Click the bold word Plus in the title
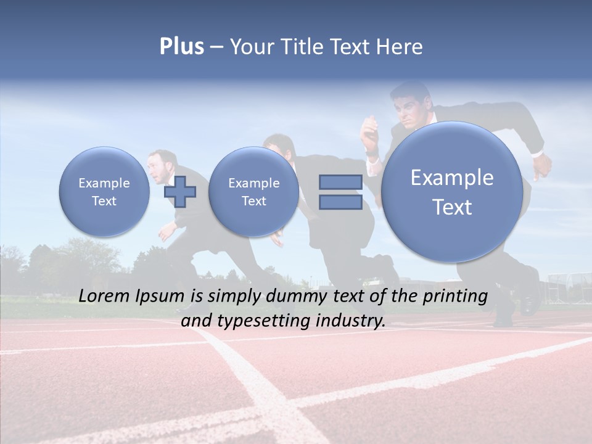pyautogui.click(x=181, y=47)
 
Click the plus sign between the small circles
pyautogui.click(x=179, y=191)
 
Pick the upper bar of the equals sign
pyautogui.click(x=340, y=182)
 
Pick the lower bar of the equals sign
pyautogui.click(x=340, y=203)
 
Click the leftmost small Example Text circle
pyautogui.click(x=104, y=191)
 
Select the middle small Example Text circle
pyautogui.click(x=253, y=191)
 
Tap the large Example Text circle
pyautogui.click(x=452, y=192)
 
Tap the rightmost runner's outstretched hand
pyautogui.click(x=543, y=165)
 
